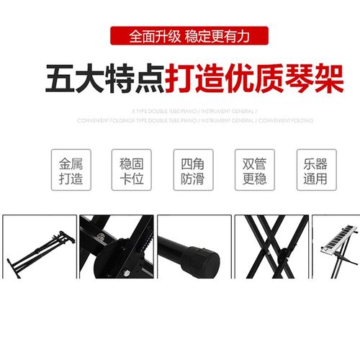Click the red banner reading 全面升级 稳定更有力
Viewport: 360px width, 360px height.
(x=189, y=35)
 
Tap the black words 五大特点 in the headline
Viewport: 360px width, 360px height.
(x=104, y=77)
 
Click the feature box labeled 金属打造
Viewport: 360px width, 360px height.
(x=71, y=170)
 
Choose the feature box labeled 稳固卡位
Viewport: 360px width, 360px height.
(x=132, y=170)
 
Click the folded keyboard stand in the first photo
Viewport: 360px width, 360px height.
(x=39, y=248)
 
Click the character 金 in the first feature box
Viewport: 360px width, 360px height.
(x=63, y=163)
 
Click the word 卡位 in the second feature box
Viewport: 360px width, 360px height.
(x=132, y=178)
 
